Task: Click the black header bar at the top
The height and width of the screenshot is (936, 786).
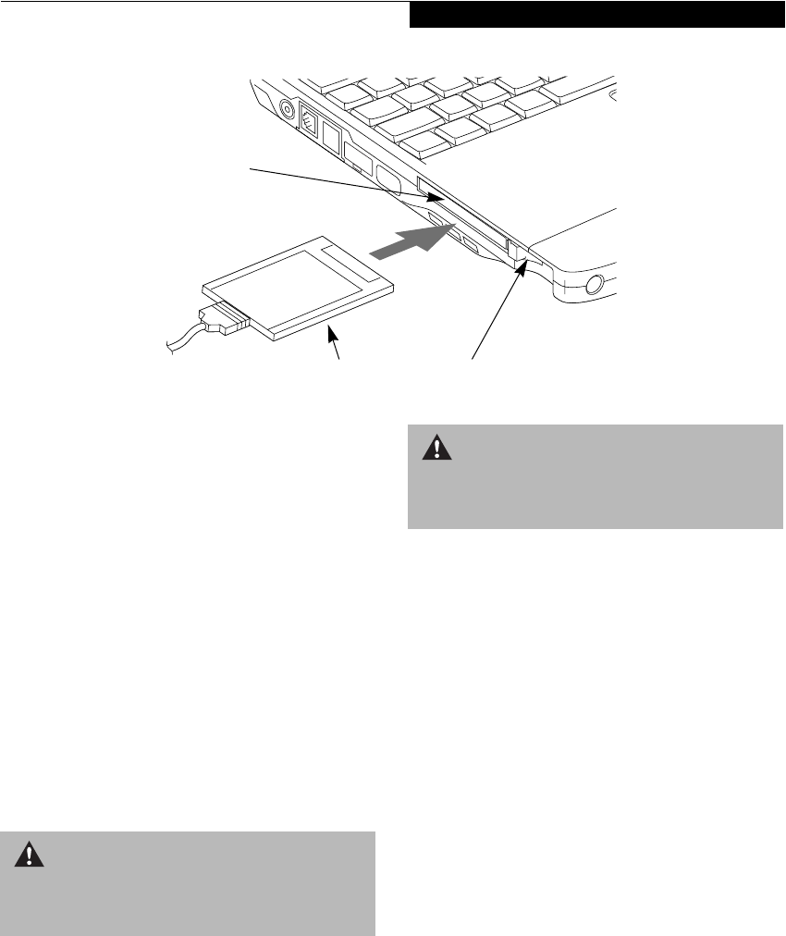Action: click(596, 14)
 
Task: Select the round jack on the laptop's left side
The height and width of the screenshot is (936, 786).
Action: click(288, 109)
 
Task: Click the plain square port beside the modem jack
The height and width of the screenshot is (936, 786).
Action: click(331, 136)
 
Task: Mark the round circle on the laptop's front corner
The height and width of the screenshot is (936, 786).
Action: click(594, 283)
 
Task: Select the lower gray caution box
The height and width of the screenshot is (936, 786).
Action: click(188, 883)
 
